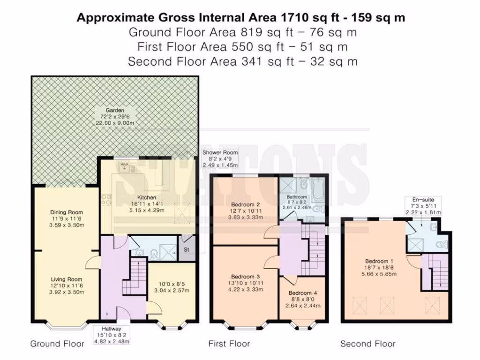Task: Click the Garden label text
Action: tap(115, 110)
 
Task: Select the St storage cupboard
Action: tap(187, 248)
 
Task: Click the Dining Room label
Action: tap(67, 212)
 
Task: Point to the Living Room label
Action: tap(67, 279)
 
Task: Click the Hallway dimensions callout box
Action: tap(112, 335)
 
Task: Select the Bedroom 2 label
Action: tap(246, 204)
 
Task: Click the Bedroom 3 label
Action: tap(246, 277)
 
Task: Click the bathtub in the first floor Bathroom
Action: tap(319, 190)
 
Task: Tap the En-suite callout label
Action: tap(423, 200)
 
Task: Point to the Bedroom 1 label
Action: tap(379, 261)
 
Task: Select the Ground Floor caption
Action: tap(57, 344)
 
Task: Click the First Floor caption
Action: tap(229, 344)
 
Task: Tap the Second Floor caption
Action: tap(368, 344)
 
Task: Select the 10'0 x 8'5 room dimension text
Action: tap(172, 284)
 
